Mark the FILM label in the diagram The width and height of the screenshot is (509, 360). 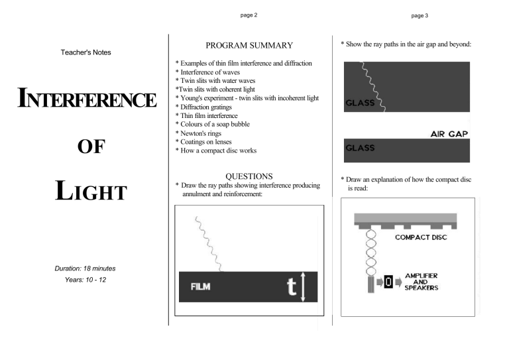[202, 287]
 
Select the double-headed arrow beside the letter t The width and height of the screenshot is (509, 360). [304, 286]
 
